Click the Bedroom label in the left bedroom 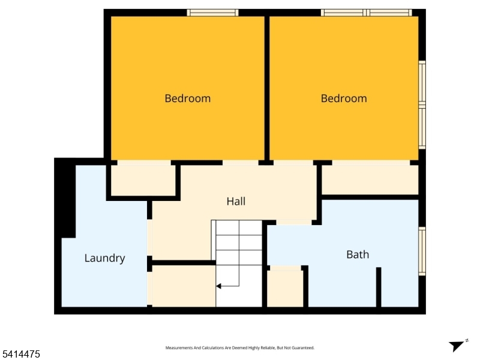click(187, 98)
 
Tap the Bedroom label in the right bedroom click(343, 98)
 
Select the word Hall click(236, 202)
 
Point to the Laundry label click(104, 259)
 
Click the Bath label click(358, 254)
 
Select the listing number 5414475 click(20, 355)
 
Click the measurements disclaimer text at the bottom click(239, 348)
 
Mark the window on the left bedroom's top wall click(212, 13)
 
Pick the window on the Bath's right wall click(422, 251)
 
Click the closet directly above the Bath click(370, 179)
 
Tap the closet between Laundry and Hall click(143, 179)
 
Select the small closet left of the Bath click(285, 289)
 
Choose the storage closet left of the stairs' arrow click(184, 286)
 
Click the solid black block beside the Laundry click(65, 198)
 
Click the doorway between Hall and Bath click(294, 223)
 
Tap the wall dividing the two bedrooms click(267, 87)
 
